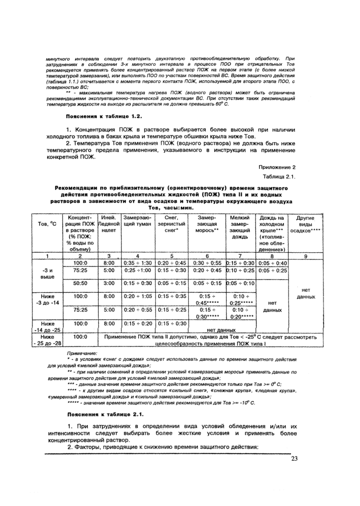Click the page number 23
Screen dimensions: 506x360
[x=294, y=459]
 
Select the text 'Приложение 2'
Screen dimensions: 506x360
[x=278, y=167]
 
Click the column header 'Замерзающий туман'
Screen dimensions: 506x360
[x=137, y=222]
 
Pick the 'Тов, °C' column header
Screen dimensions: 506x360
[x=47, y=225]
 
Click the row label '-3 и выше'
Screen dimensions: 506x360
[x=47, y=272]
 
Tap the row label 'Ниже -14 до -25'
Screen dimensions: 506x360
[x=47, y=326]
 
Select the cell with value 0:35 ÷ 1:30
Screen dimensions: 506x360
[x=137, y=263]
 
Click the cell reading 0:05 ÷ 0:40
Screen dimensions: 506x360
[x=274, y=263]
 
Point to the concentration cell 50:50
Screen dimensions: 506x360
[x=80, y=283]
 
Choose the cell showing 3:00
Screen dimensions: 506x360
[x=109, y=283]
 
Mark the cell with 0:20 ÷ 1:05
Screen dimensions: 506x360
[x=137, y=296]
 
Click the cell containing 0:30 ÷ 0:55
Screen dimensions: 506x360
[x=207, y=263]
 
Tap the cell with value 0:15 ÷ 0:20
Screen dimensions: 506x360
[x=137, y=323]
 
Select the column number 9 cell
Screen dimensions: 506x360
[x=305, y=255]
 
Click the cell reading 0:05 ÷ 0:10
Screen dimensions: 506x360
[x=240, y=283]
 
